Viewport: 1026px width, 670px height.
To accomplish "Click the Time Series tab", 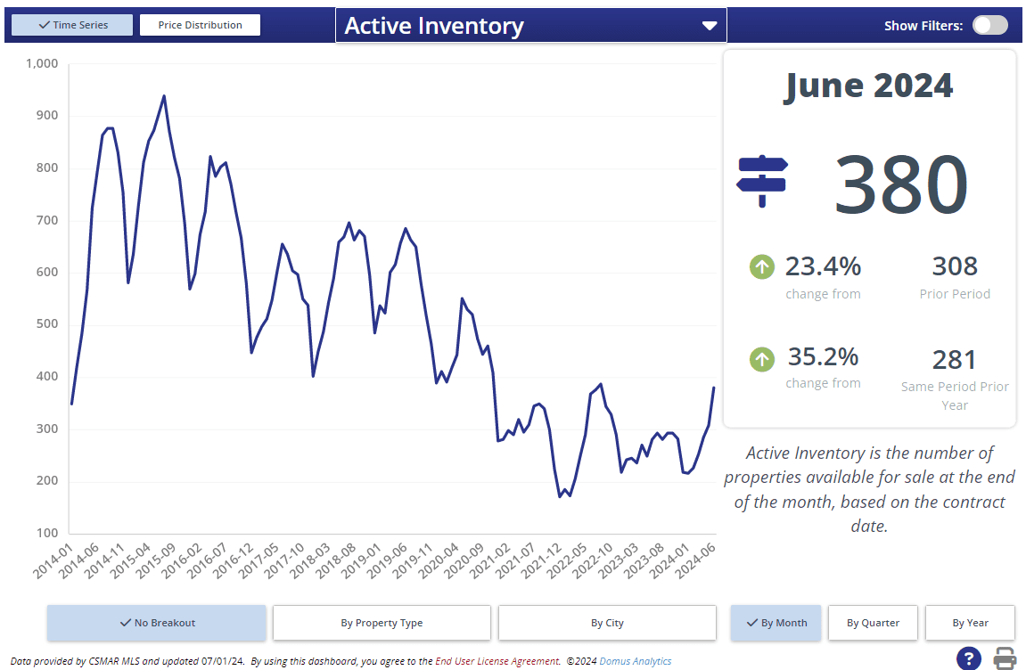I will [69, 25].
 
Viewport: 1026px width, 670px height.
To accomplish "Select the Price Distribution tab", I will [200, 25].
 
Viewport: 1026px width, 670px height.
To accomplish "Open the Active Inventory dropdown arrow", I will [710, 26].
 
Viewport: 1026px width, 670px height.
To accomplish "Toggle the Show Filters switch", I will [989, 25].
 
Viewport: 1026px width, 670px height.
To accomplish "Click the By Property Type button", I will [382, 623].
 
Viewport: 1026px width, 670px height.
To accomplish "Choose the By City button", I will [607, 623].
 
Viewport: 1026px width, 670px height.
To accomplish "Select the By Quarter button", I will [873, 623].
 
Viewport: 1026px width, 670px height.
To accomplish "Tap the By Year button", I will [970, 623].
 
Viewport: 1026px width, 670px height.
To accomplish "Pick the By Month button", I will [775, 623].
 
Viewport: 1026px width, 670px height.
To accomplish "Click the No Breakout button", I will [157, 623].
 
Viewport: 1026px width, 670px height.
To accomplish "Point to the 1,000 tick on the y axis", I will [41, 63].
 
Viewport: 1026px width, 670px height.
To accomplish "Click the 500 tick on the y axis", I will [46, 324].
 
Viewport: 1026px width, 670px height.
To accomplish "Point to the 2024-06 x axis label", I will [696, 560].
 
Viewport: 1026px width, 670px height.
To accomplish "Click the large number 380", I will [900, 185].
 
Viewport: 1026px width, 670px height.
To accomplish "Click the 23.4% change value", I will [823, 266].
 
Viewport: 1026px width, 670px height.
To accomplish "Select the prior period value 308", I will [955, 266].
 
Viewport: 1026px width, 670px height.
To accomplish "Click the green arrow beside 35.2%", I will [762, 359].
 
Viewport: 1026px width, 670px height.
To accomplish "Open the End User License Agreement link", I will [497, 661].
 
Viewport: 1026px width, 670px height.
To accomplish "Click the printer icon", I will [1005, 658].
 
